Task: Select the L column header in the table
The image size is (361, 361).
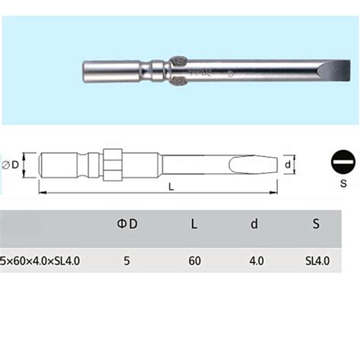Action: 194,224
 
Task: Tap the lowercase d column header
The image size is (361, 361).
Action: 255,224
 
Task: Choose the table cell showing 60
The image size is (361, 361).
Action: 194,261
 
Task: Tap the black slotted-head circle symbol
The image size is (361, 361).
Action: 343,163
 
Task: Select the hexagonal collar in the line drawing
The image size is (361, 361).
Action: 113,163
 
